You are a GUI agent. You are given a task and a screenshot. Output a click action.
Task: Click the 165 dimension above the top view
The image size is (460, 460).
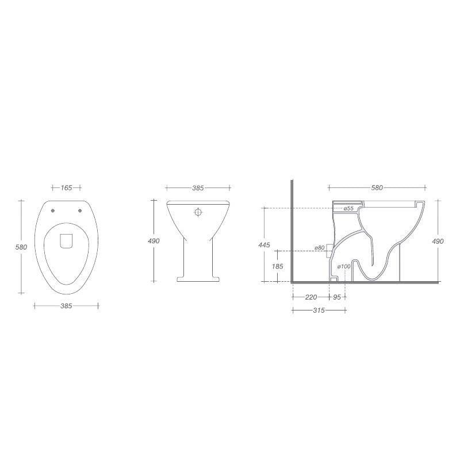tap(66, 188)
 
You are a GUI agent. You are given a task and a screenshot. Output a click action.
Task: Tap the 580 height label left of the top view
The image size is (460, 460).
tap(21, 247)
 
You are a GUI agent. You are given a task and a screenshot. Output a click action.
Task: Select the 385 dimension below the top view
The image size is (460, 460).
tap(66, 306)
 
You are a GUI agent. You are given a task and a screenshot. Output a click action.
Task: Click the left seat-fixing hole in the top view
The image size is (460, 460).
tap(53, 210)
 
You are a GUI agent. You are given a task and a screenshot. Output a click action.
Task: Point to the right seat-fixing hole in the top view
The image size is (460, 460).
tap(79, 210)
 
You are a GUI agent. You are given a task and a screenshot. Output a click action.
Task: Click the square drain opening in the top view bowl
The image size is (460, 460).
tap(66, 241)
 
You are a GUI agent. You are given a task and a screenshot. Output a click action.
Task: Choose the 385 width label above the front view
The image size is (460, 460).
tap(198, 188)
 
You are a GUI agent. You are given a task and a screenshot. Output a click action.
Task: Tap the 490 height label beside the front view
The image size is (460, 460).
tap(154, 241)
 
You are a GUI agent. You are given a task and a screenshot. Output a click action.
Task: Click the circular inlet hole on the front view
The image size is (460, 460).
tap(198, 212)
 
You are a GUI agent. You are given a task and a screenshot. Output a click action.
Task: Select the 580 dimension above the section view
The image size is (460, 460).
tap(377, 187)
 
